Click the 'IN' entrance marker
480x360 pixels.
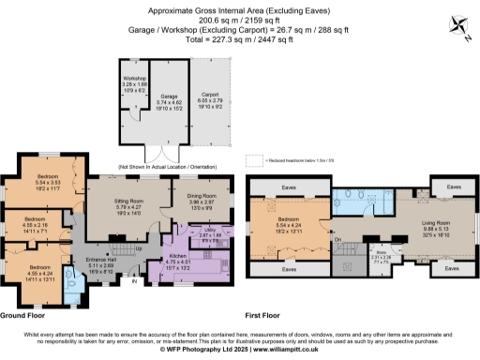(x=133, y=279)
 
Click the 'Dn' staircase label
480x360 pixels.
(x=337, y=240)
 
